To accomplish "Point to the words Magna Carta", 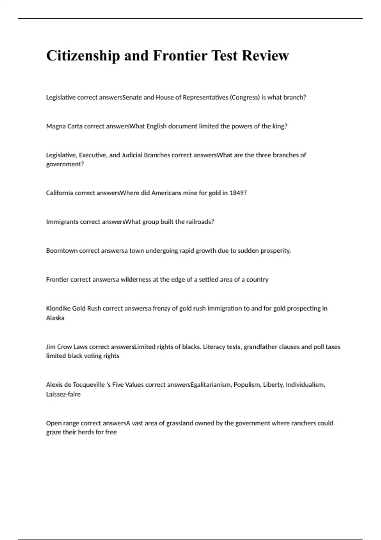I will pos(64,126).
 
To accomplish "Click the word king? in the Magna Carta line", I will pos(280,126).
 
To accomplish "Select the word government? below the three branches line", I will pos(65,164).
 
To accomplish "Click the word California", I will pos(60,193).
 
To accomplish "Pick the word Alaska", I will pos(55,318).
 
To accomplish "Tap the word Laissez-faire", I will pos(63,395).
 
